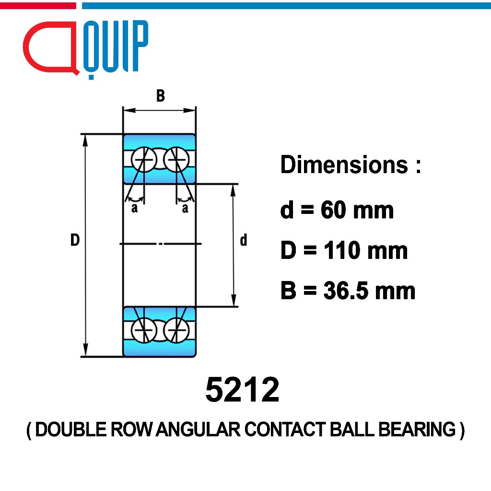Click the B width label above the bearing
tap(160, 96)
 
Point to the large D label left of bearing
tap(75, 240)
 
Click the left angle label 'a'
tap(134, 208)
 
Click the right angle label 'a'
tap(185, 208)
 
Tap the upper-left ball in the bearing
tap(144, 159)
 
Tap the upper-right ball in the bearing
tap(176, 159)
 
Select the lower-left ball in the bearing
tap(144, 330)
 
